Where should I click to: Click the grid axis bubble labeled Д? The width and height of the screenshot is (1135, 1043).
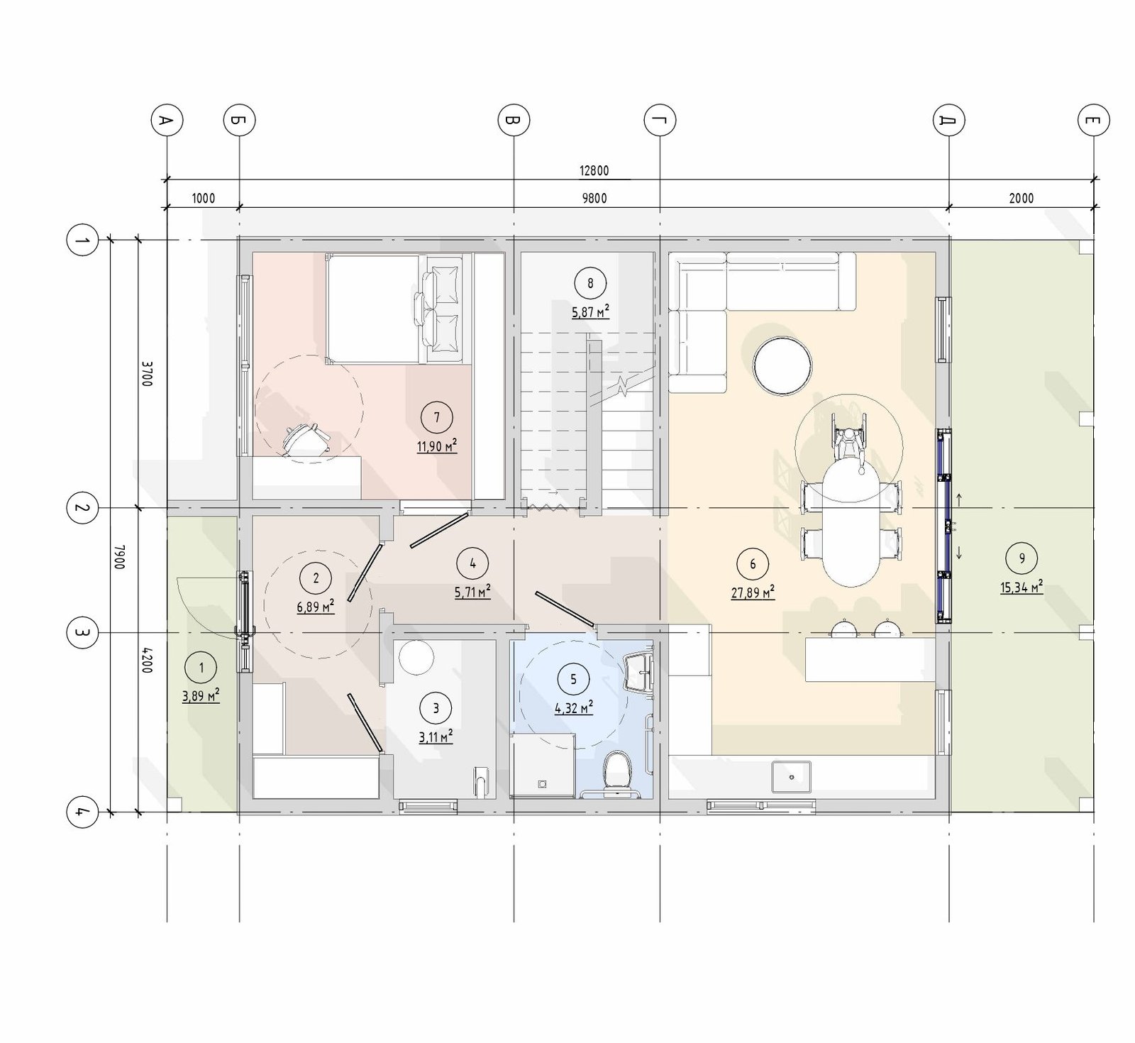(x=948, y=121)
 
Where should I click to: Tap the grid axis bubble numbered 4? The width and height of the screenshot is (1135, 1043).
(x=82, y=812)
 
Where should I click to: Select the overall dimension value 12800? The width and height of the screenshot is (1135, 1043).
(x=594, y=171)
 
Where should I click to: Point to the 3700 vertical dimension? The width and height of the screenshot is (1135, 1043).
(x=146, y=374)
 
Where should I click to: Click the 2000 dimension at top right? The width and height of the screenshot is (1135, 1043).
(x=1021, y=199)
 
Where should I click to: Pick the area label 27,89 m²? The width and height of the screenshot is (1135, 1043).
(x=753, y=592)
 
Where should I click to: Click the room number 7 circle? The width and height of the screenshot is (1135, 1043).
(x=436, y=418)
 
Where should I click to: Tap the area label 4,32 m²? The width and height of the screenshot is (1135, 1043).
(x=573, y=707)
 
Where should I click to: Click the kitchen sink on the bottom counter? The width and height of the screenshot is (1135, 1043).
(x=792, y=776)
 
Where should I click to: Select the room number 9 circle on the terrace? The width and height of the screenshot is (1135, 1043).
(x=1021, y=558)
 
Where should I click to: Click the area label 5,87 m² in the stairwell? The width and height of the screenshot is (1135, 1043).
(x=590, y=312)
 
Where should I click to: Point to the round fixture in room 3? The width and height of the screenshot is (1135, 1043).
(x=416, y=658)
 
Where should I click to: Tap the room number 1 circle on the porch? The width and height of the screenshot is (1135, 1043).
(x=201, y=668)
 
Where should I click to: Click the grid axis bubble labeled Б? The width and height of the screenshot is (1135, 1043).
(x=239, y=121)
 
